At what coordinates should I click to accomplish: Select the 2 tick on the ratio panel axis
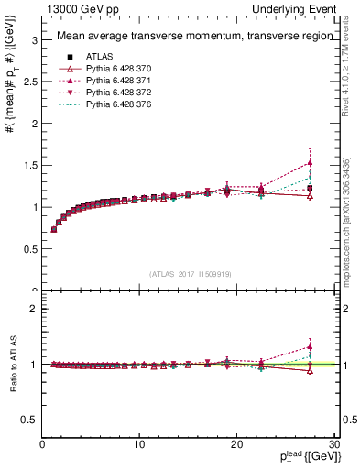click(34, 309)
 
